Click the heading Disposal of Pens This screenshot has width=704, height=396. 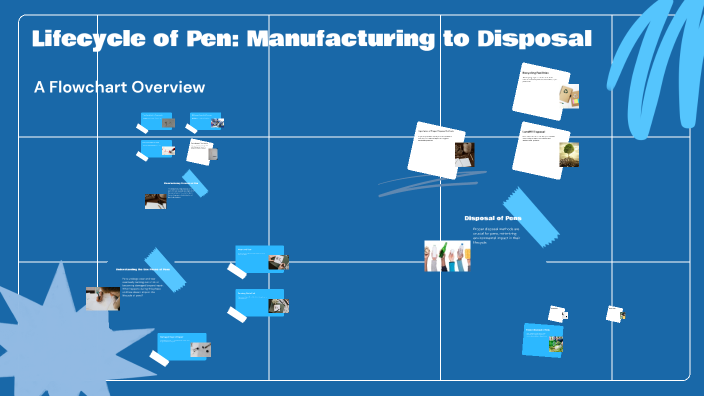point(492,218)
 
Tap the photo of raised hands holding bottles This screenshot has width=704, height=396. point(447,256)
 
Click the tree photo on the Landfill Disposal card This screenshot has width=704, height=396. point(568,154)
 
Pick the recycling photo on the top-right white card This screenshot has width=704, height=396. point(568,96)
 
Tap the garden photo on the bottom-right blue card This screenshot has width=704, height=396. point(555,345)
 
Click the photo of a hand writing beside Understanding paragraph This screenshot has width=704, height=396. point(103,298)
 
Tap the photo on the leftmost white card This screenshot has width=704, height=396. point(464,154)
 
